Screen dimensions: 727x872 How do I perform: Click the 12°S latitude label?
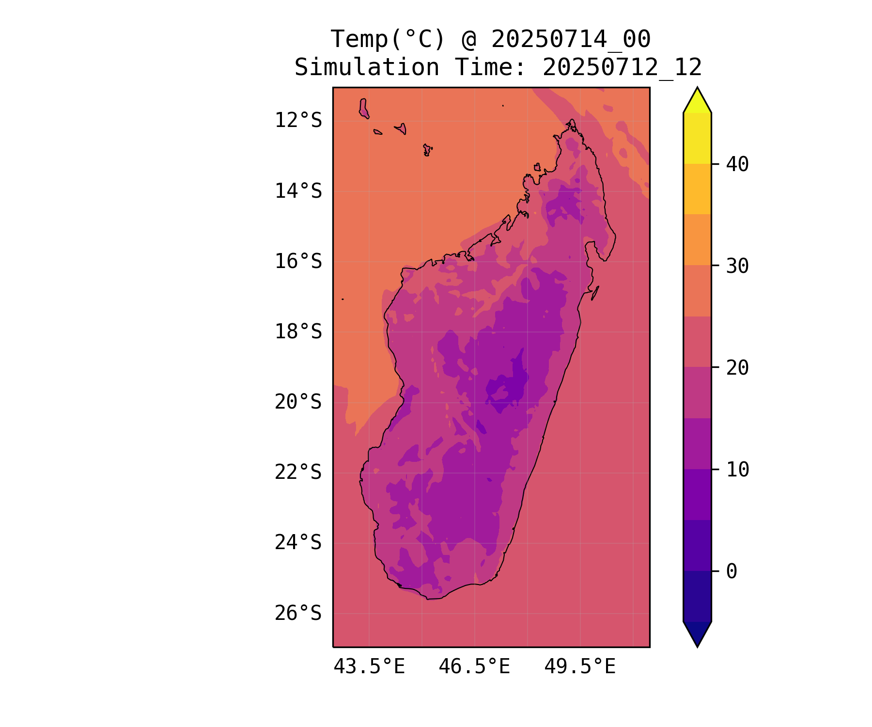[298, 120]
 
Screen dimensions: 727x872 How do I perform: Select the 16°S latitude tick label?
[298, 261]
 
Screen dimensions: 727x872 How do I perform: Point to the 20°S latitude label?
[298, 402]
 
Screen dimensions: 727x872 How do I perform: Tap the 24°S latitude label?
[298, 542]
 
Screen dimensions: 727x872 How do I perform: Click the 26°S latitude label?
[298, 613]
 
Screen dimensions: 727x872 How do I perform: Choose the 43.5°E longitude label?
[369, 667]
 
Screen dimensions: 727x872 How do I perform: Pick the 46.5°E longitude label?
[474, 667]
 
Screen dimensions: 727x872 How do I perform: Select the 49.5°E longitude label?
[580, 667]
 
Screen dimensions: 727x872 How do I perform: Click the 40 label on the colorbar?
[737, 164]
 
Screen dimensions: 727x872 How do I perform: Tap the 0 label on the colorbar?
[732, 571]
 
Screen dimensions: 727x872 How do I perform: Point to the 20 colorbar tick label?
[737, 368]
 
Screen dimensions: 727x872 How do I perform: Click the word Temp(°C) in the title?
[387, 39]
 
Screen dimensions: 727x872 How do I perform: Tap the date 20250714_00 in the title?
[571, 39]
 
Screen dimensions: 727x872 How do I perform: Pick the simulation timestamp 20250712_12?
[622, 67]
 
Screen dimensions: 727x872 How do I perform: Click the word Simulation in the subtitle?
[367, 67]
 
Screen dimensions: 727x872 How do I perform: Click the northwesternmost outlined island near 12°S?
[363, 108]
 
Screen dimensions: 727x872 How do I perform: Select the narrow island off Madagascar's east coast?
[595, 293]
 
